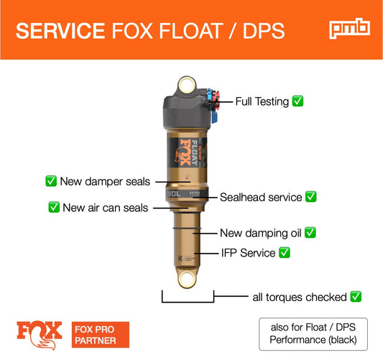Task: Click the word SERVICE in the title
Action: click(x=60, y=30)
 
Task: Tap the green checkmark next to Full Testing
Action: click(x=297, y=101)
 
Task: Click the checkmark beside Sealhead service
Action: click(x=311, y=196)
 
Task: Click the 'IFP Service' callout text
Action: click(x=248, y=252)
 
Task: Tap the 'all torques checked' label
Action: click(x=299, y=296)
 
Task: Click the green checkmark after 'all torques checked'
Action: click(x=355, y=296)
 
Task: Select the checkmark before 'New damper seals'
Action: click(x=51, y=182)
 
